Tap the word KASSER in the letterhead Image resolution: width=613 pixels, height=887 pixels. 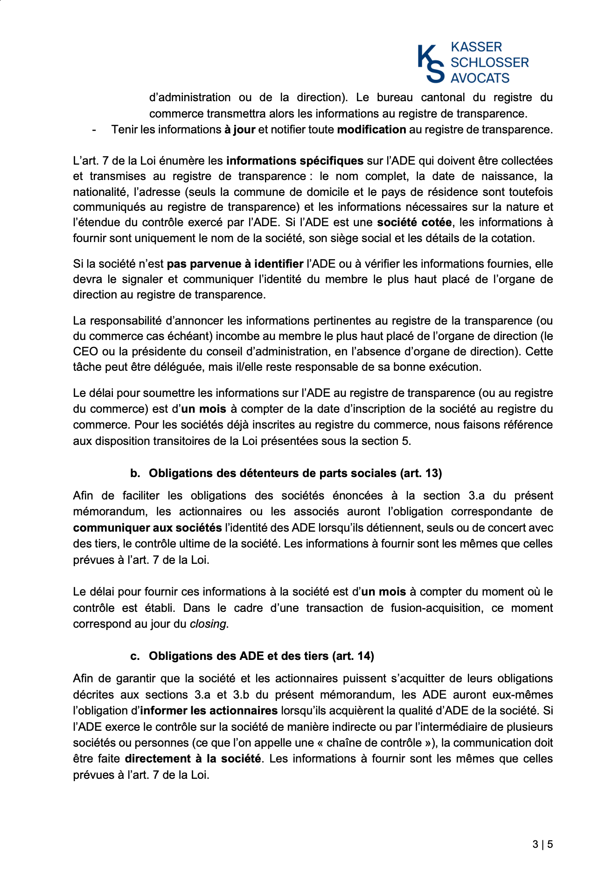[x=476, y=47]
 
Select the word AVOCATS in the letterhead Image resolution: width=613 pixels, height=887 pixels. [x=480, y=78]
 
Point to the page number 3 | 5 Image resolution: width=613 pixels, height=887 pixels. [x=543, y=844]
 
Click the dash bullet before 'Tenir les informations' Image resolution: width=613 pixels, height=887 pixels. [x=95, y=130]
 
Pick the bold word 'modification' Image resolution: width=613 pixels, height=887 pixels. [x=371, y=130]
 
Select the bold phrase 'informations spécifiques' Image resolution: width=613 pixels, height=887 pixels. [x=294, y=161]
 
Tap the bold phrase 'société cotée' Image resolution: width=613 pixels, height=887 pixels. [x=414, y=222]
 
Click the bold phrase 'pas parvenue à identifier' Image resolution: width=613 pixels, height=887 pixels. [x=235, y=264]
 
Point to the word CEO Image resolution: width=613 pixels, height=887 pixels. [x=85, y=352]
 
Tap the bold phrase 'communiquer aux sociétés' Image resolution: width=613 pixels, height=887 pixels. [x=147, y=528]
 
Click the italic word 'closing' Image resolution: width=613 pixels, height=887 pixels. [x=208, y=624]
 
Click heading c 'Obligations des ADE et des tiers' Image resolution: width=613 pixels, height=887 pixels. [x=261, y=656]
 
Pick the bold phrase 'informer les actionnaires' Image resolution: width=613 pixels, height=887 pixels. [x=209, y=711]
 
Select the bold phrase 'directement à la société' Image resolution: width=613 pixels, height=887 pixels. [x=193, y=759]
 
